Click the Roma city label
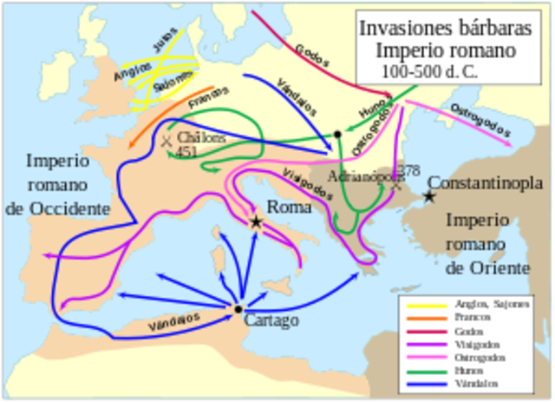pyautogui.click(x=288, y=208)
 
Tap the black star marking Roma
pyautogui.click(x=256, y=222)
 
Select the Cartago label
pyautogui.click(x=271, y=320)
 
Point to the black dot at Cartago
pyautogui.click(x=238, y=309)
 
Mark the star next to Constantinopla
pyautogui.click(x=428, y=197)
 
